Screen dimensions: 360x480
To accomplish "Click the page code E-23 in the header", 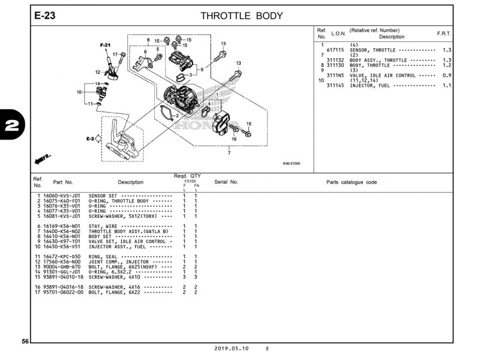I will click(45, 16).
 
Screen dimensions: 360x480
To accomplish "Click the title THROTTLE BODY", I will click(238, 16).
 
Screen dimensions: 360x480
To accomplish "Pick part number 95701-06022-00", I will click(62, 292).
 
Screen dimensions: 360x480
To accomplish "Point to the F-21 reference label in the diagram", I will click(105, 46).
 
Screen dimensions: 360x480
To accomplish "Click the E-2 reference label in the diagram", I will click(90, 139).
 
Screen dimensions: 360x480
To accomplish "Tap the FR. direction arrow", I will click(44, 158).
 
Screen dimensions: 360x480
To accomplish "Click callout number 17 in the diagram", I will click(115, 55).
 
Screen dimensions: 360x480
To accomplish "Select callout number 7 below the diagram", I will click(229, 153).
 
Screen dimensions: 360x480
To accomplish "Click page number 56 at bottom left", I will click(25, 341).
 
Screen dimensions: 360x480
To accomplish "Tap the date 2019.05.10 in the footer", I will click(232, 349).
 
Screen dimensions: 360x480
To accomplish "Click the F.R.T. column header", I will click(444, 34).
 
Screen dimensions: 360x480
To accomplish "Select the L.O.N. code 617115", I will click(335, 50).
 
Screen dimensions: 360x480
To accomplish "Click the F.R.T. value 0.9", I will click(446, 76).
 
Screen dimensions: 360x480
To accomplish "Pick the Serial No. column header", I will click(226, 182).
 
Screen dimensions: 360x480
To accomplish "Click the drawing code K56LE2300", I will click(292, 163).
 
